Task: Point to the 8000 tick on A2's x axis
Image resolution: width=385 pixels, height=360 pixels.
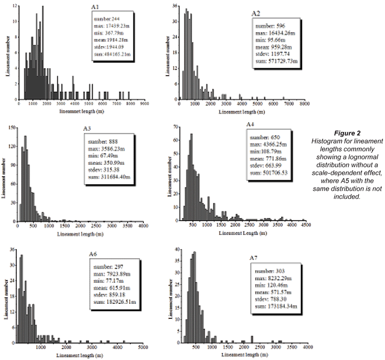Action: click(x=304, y=104)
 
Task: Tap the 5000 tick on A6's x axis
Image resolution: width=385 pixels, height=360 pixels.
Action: click(x=143, y=348)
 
